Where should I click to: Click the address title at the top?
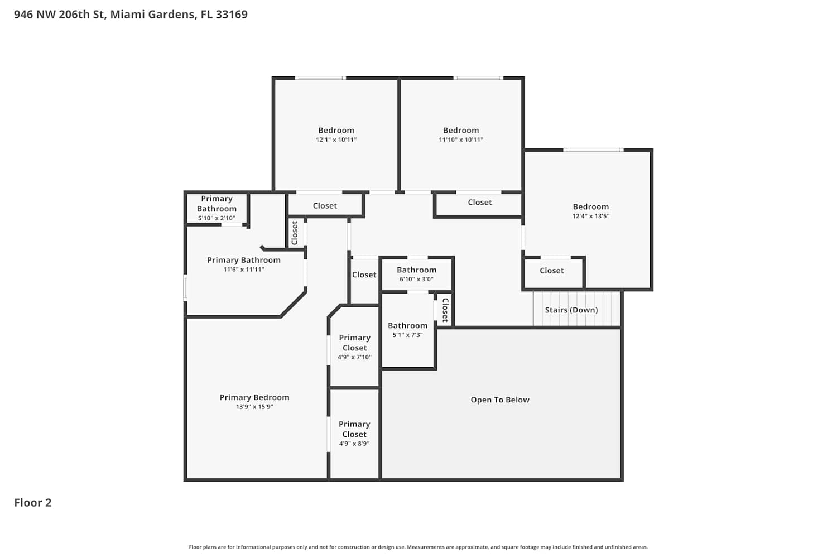point(131,14)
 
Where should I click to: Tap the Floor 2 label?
point(33,503)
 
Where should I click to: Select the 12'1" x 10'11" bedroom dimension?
point(336,140)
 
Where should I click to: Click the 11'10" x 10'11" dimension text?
point(461,140)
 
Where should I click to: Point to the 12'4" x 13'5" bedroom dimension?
point(591,216)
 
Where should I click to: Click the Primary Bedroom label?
point(254,397)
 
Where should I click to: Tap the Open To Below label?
point(500,400)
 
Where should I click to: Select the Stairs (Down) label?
point(571,310)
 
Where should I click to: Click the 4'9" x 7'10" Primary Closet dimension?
point(354,357)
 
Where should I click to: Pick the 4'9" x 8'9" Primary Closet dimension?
point(354,444)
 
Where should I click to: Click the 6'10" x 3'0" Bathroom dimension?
point(417,279)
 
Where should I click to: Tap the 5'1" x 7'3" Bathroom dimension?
point(408,335)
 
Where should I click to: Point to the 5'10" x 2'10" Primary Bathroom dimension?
point(217,218)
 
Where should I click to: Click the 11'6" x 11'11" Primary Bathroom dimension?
point(244,270)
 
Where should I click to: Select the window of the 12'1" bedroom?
point(320,78)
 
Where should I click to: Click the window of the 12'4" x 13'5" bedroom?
point(593,150)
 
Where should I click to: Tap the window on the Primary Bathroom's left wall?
point(185,288)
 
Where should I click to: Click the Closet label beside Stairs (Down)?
point(445,310)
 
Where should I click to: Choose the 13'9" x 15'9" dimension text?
point(254,407)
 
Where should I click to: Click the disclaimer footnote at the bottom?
point(419,547)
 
